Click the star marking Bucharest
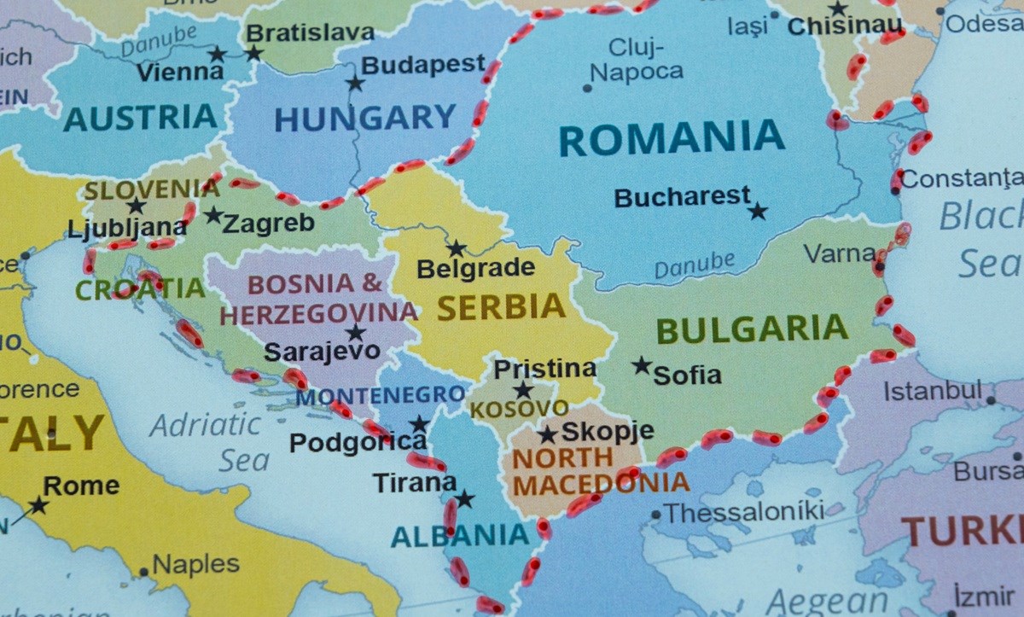758,211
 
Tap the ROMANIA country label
672,138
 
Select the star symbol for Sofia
642,365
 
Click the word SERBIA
502,307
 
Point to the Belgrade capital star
457,248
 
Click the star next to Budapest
355,83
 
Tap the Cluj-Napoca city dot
587,88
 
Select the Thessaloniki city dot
655,515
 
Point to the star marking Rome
38,505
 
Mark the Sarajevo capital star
355,333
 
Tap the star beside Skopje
547,434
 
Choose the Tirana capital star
464,498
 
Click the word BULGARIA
752,329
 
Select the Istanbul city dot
991,399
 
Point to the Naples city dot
144,573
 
